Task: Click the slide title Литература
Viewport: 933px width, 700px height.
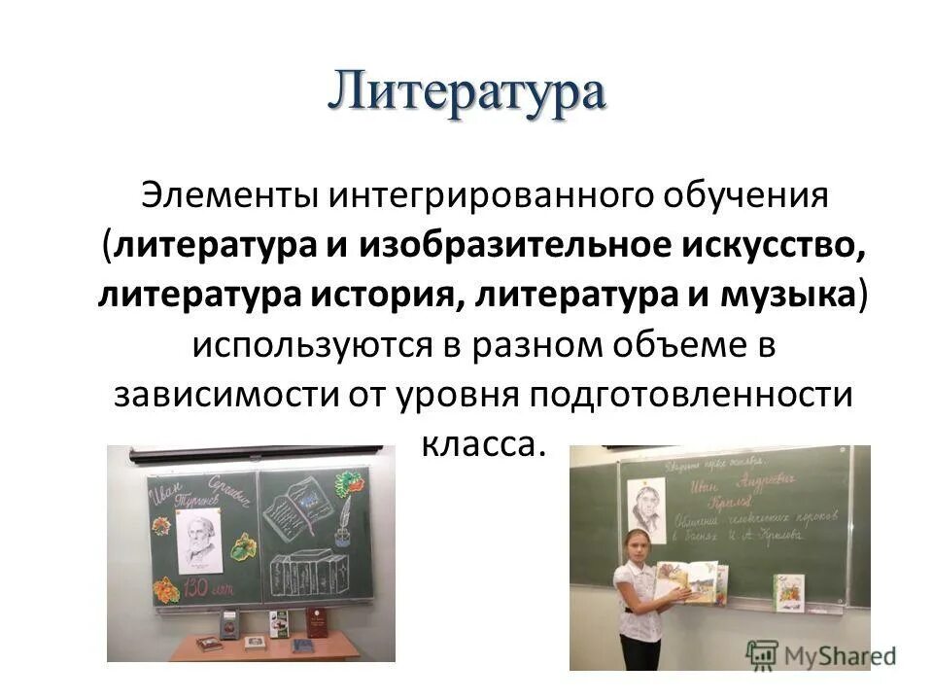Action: (466, 95)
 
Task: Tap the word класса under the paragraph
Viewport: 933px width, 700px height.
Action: (480, 443)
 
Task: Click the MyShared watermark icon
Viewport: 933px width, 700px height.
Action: (763, 651)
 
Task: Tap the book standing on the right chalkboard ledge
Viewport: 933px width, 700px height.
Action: (788, 591)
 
